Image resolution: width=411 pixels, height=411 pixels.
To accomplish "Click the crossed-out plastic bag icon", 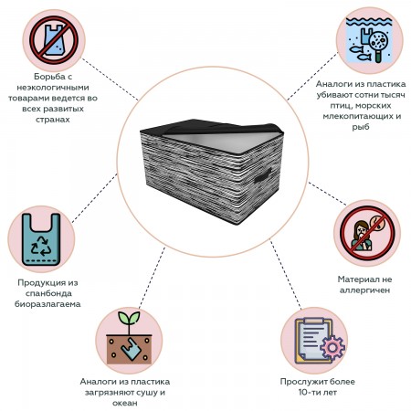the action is [54, 40].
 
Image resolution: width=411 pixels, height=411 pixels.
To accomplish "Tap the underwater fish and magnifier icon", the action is [369, 40].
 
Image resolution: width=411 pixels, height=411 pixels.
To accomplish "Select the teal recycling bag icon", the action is [41, 239].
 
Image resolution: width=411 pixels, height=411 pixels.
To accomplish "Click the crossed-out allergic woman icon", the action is [367, 233].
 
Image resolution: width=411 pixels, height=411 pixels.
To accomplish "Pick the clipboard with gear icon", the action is [320, 341].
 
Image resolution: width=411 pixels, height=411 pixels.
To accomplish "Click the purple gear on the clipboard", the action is [332, 347].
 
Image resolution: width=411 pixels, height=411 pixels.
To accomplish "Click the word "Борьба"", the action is [49, 77].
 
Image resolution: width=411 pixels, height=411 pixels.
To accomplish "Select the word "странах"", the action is [53, 120].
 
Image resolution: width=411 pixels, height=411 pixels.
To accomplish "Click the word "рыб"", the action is [361, 127].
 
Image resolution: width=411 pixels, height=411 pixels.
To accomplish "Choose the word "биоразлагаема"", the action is [47, 304].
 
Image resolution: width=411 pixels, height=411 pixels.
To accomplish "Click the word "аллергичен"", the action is [364, 290].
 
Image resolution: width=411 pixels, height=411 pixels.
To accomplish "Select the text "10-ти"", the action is [307, 392].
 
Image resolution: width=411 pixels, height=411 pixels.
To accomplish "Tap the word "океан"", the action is [125, 403].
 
